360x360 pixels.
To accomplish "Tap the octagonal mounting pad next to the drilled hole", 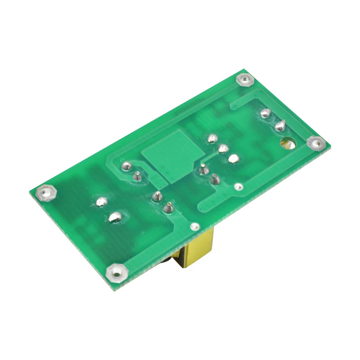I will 316,143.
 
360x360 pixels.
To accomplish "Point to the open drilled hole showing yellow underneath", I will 288,143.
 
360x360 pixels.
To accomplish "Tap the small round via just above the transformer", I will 195,226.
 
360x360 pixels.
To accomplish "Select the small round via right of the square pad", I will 238,187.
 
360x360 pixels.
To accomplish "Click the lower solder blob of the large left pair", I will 115,216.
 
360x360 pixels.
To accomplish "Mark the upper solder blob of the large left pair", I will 102,202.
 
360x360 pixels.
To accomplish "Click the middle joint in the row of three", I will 223,148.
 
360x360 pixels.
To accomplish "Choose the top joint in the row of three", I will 212,138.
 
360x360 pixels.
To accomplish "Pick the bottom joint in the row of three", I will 234,158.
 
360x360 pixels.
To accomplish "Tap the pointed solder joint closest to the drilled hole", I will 280,126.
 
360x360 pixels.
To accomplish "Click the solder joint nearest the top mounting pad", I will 265,113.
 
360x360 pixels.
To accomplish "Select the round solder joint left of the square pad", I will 126,166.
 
